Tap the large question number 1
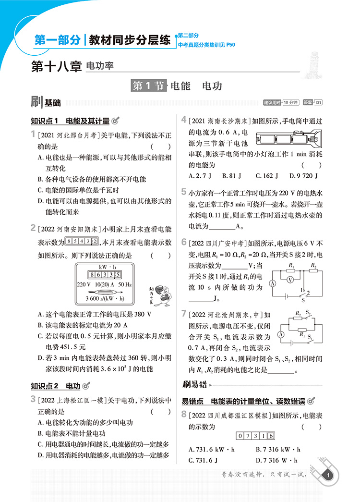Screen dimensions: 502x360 tap(33, 134)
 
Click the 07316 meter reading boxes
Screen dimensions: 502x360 tap(256, 436)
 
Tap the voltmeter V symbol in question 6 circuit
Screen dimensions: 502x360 tap(290, 278)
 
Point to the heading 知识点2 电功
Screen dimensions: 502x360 tap(55, 385)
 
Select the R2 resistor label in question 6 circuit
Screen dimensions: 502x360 tap(313, 265)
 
